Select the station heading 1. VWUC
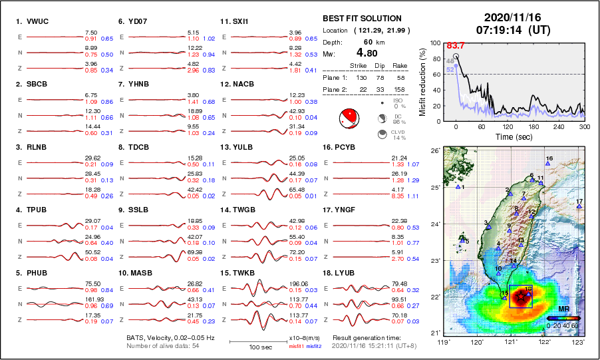click(x=32, y=21)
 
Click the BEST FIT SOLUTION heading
click(x=362, y=19)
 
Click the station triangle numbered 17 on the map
click(x=579, y=207)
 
